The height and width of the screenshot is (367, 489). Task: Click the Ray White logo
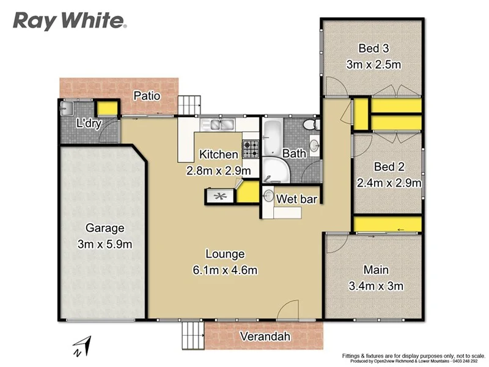click(70, 21)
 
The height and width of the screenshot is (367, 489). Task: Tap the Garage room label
click(105, 228)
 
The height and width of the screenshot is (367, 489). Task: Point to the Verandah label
click(265, 336)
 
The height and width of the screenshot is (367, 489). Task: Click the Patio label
click(147, 96)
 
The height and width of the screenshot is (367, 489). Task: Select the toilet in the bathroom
click(311, 124)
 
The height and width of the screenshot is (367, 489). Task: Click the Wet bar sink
click(268, 196)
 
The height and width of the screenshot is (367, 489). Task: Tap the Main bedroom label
click(375, 270)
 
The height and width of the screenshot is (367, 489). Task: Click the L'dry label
click(88, 123)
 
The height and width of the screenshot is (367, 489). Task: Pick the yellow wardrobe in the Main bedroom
click(388, 224)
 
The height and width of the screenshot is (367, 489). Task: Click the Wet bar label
click(296, 199)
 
